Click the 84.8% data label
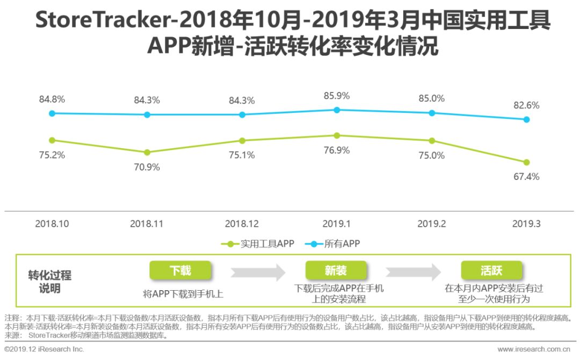click(52, 99)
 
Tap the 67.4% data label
click(526, 177)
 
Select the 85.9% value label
click(337, 96)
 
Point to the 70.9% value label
click(147, 167)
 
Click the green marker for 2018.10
click(52, 140)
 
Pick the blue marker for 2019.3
click(526, 120)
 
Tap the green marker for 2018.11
click(147, 153)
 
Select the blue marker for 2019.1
click(337, 110)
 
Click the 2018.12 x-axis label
click(242, 224)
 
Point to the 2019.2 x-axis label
click(432, 224)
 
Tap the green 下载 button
click(180, 270)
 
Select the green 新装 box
click(336, 270)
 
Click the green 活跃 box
click(492, 270)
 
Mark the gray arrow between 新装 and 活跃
click(414, 271)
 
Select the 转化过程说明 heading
click(49, 282)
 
